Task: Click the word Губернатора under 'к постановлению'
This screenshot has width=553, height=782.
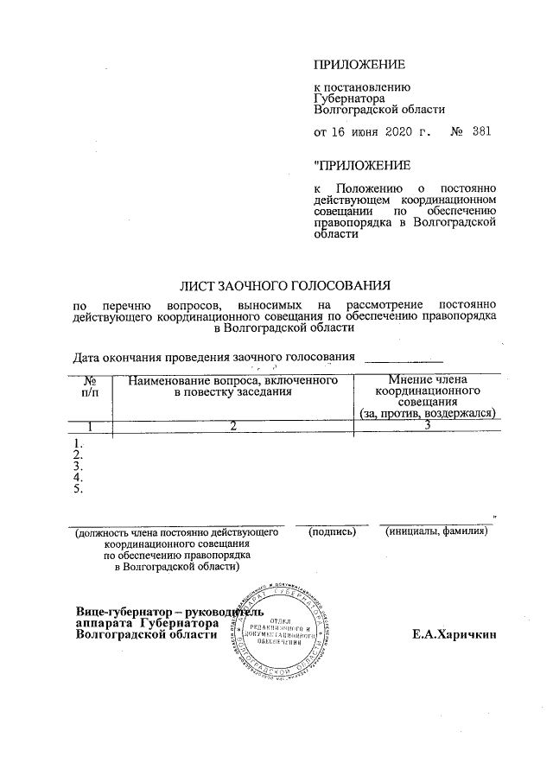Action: pos(350,99)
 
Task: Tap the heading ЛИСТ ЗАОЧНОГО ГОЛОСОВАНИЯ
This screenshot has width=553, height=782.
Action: pos(285,284)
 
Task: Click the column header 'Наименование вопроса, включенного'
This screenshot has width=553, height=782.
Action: pos(231,380)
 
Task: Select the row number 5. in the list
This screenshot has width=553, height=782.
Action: pos(79,490)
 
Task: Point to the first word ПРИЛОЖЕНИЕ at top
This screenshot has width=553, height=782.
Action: pos(359,65)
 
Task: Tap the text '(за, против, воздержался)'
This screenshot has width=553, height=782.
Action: pos(428,414)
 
